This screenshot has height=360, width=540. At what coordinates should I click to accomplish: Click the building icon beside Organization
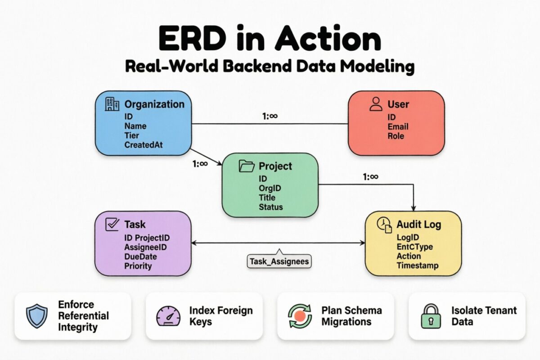[x=112, y=104]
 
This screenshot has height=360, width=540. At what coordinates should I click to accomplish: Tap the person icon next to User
[x=375, y=104]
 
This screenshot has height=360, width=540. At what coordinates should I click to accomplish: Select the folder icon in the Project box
[x=247, y=166]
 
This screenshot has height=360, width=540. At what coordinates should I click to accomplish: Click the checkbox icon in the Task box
[x=112, y=224]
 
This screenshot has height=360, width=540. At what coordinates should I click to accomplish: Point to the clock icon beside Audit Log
[x=384, y=225]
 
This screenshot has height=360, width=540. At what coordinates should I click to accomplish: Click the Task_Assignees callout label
[x=279, y=261]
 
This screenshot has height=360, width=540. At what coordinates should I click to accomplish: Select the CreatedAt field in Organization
[x=144, y=145]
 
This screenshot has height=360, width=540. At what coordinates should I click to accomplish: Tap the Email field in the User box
[x=398, y=126]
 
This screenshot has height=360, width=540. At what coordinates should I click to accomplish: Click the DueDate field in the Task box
[x=141, y=256]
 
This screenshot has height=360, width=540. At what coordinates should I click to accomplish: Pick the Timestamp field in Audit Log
[x=417, y=265]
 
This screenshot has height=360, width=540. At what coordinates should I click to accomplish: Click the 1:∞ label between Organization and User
[x=270, y=116]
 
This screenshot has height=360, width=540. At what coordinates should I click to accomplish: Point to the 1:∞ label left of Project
[x=200, y=163]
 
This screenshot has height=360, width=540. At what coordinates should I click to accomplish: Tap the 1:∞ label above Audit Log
[x=370, y=177]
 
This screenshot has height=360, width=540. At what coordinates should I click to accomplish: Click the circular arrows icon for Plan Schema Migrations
[x=299, y=315]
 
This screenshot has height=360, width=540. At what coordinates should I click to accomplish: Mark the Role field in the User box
[x=396, y=136]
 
